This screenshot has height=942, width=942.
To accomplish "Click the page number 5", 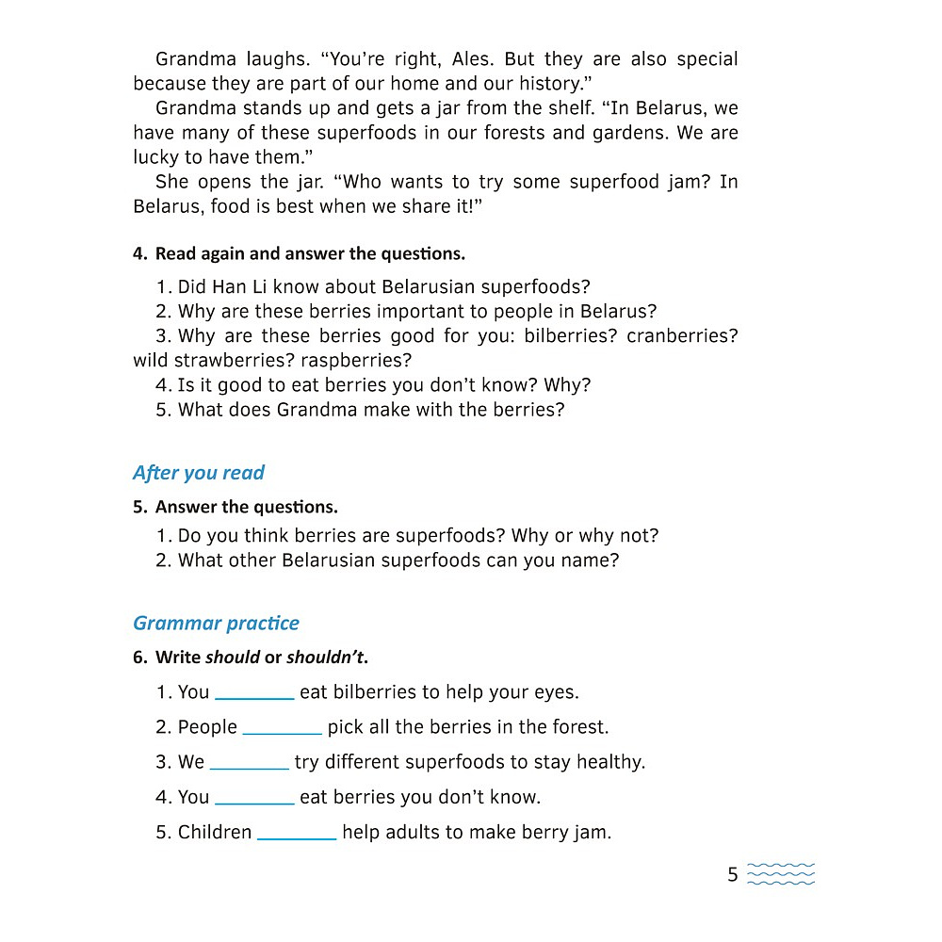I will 732,875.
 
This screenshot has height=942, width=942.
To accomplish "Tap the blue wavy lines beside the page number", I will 781,874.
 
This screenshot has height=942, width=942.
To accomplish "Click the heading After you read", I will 199,473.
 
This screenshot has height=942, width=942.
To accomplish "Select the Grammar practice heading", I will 216,623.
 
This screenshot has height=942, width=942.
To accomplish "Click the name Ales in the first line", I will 472,59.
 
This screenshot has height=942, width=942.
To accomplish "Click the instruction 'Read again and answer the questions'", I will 310,253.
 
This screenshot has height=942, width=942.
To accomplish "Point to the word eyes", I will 554,692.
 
